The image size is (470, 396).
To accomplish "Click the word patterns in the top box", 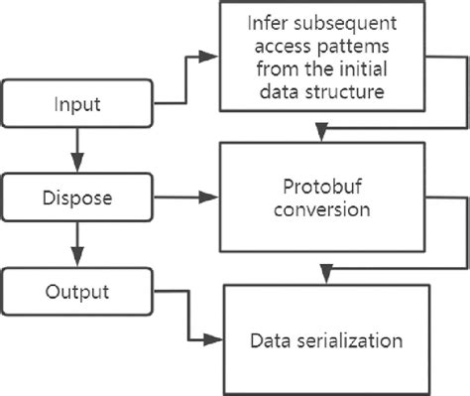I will point(339,48).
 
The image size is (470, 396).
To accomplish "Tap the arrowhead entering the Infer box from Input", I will point(213,56).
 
